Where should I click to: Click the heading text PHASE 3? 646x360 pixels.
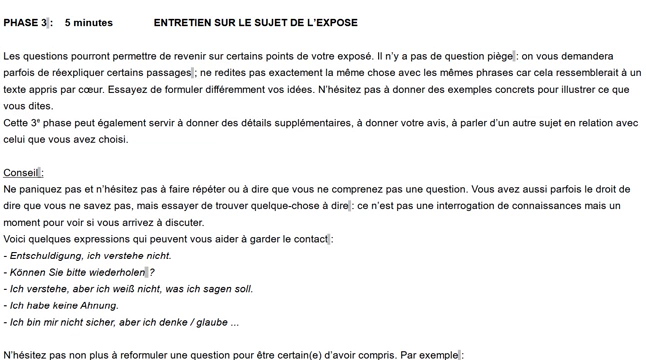[x=24, y=22]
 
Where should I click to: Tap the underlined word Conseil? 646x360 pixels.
[x=21, y=172]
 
